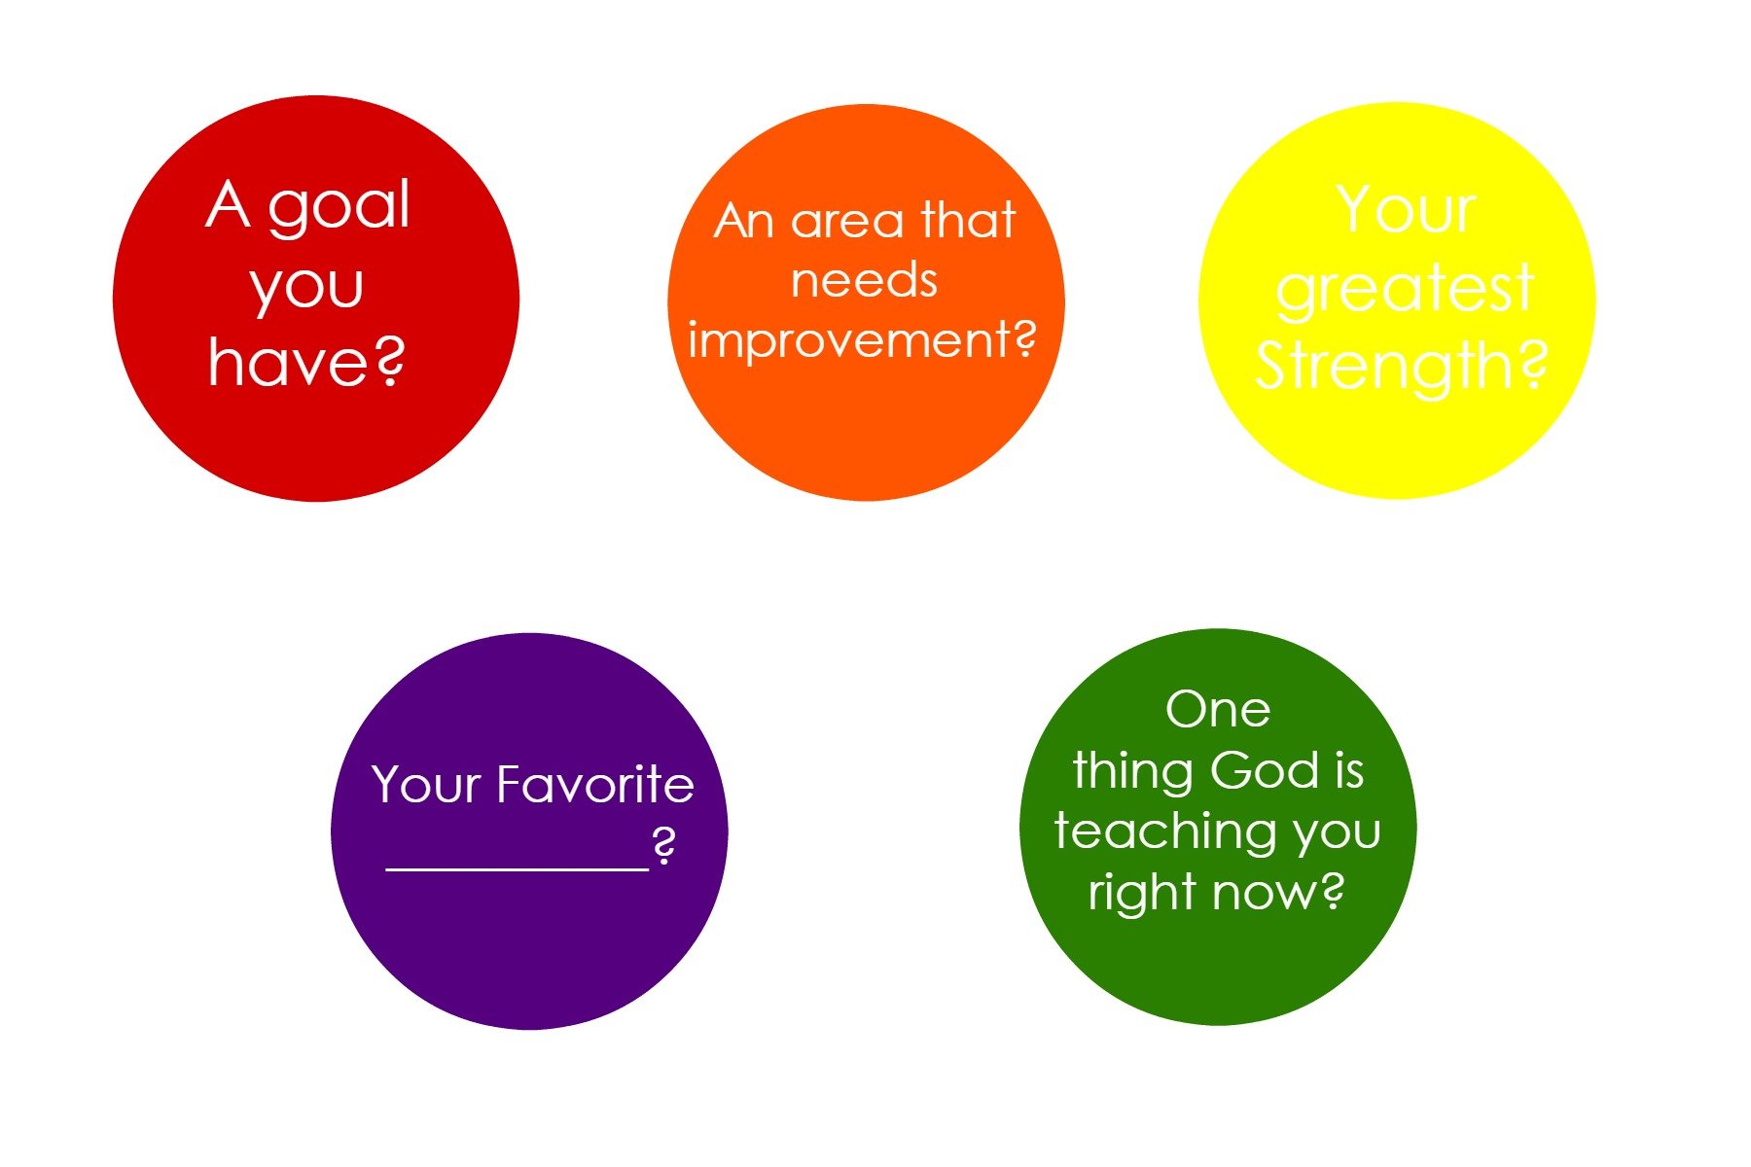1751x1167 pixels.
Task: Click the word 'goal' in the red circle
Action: point(339,208)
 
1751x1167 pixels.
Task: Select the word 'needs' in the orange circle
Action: point(864,280)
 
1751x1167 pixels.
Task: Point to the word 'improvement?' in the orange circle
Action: point(862,341)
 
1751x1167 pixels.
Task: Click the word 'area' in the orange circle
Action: point(846,223)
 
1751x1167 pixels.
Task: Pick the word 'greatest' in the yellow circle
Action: point(1405,290)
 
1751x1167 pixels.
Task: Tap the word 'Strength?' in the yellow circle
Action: point(1402,367)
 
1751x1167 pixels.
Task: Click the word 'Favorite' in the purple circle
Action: point(595,784)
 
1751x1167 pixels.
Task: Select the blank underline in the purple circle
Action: point(518,868)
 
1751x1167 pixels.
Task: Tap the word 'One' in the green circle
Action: point(1218,710)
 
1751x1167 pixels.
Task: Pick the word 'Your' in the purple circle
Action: point(427,785)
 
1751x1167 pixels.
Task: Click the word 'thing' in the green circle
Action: point(1134,772)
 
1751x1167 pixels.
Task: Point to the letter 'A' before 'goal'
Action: point(229,204)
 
